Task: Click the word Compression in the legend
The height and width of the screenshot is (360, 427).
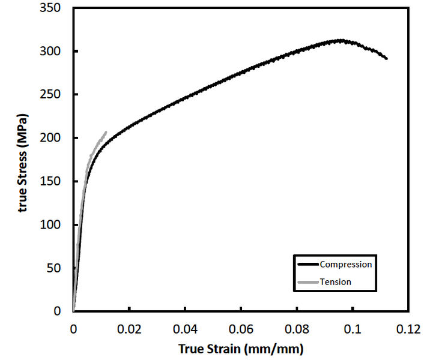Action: (346, 264)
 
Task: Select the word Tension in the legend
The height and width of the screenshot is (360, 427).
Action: (336, 281)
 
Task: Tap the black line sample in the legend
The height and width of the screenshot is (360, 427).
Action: (307, 264)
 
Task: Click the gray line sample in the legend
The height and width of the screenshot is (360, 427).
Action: (307, 281)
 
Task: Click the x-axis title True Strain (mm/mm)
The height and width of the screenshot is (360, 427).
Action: (240, 348)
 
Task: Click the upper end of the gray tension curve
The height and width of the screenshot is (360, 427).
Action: (106, 132)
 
